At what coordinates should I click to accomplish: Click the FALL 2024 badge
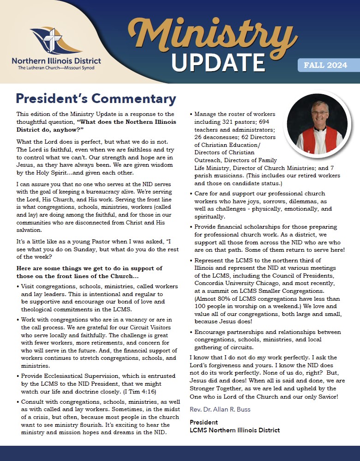click(x=328, y=65)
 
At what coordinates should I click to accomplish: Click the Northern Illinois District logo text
click(x=56, y=61)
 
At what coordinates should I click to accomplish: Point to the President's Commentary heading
click(x=96, y=99)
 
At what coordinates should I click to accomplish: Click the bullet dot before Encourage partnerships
click(x=192, y=333)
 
